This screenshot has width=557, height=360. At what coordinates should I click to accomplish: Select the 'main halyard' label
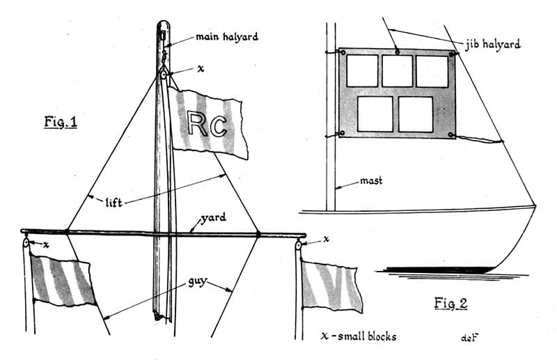coord(226,37)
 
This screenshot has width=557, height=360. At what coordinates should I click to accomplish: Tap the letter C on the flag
coord(218,125)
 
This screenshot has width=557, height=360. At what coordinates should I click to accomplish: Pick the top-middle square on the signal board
coord(397,71)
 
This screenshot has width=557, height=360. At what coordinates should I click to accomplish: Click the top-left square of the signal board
coord(362,71)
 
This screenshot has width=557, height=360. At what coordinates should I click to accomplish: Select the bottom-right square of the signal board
coord(416,114)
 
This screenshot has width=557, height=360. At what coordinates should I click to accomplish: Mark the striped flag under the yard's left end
coord(63,281)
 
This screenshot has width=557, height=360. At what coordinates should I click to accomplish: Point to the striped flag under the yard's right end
coord(331,285)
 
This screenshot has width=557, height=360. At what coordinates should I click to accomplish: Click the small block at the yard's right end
coord(299,244)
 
